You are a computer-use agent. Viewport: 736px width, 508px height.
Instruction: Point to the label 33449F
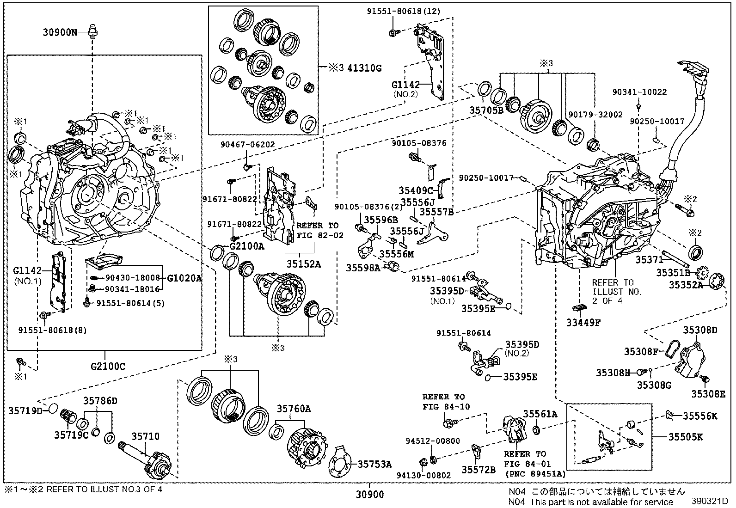(583, 322)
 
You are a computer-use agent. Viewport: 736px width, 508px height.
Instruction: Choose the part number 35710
(145, 436)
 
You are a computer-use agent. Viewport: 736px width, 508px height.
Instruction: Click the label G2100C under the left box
(108, 367)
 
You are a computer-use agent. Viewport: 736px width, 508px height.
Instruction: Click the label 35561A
(540, 414)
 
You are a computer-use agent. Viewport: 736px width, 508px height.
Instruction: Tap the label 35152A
(303, 264)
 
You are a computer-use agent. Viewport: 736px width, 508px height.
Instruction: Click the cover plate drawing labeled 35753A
(341, 462)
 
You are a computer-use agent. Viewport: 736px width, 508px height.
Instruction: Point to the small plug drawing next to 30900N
(92, 32)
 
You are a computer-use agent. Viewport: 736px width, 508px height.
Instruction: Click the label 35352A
(686, 285)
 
